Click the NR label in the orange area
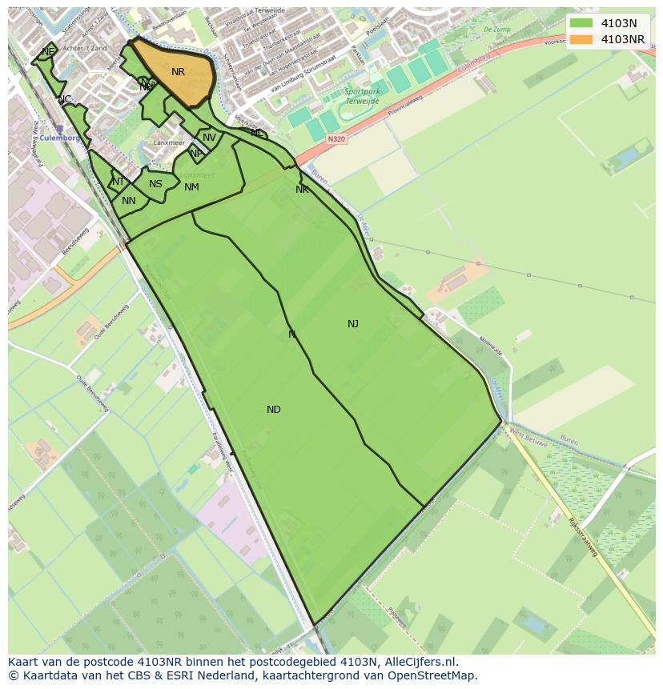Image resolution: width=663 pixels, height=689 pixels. pyautogui.click(x=178, y=72)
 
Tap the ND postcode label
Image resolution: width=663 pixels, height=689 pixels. pyautogui.click(x=274, y=410)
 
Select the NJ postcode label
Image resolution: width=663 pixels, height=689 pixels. pyautogui.click(x=353, y=324)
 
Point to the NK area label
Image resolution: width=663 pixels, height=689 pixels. pyautogui.click(x=302, y=190)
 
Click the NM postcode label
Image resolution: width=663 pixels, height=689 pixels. pyautogui.click(x=191, y=187)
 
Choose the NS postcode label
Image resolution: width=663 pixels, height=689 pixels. pyautogui.click(x=155, y=184)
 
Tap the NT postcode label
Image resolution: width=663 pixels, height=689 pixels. pyautogui.click(x=118, y=182)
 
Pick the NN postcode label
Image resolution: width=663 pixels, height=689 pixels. pyautogui.click(x=129, y=201)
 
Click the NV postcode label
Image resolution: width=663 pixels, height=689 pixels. pyautogui.click(x=209, y=138)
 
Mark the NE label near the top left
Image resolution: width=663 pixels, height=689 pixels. pyautogui.click(x=49, y=51)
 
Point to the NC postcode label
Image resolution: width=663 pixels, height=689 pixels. pyautogui.click(x=65, y=99)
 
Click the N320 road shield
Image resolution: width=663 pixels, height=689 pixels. pyautogui.click(x=336, y=138)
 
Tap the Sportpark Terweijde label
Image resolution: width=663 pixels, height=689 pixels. pyautogui.click(x=361, y=96)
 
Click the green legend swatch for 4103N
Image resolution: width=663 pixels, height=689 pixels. pyautogui.click(x=581, y=23)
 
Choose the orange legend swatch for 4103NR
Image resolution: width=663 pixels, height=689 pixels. pyautogui.click(x=581, y=39)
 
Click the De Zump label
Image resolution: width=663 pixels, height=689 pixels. pyautogui.click(x=497, y=29)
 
